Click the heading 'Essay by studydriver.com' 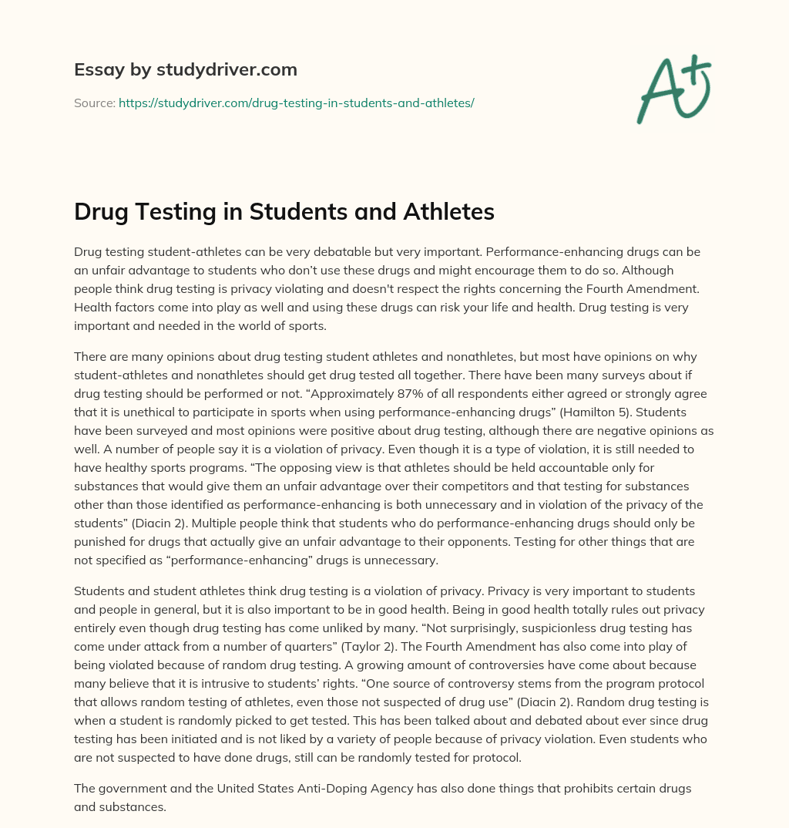coord(186,69)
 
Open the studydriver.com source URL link coord(296,103)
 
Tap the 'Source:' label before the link coord(95,103)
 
